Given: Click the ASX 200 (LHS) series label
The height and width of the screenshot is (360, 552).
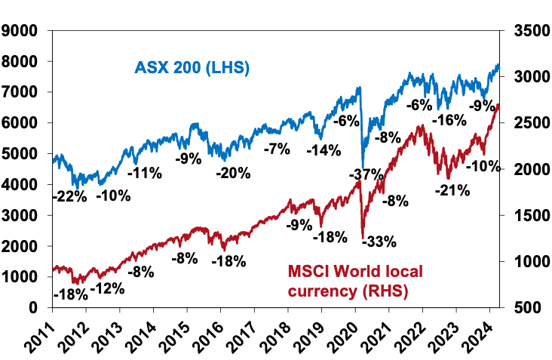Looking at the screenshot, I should (x=192, y=68).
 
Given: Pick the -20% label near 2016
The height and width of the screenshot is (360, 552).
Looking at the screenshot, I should (x=233, y=173).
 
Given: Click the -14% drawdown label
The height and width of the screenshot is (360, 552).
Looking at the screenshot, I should (x=325, y=149).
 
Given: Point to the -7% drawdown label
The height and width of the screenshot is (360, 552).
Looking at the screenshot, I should (x=277, y=149).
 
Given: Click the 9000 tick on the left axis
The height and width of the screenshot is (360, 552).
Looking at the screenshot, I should (x=23, y=31).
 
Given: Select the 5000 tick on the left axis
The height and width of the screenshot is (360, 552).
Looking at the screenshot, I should (x=23, y=154).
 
